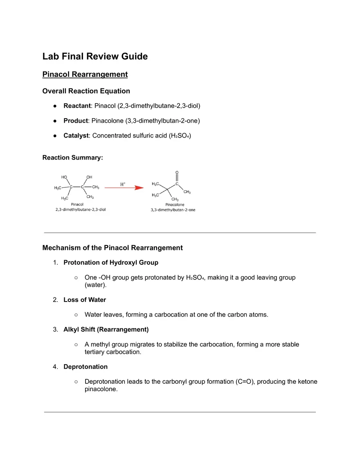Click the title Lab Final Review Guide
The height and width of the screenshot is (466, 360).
[x=95, y=56]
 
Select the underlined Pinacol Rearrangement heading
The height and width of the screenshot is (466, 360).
[x=85, y=74]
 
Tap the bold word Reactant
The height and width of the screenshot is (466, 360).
[x=76, y=106]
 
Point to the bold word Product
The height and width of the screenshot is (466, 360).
[x=75, y=120]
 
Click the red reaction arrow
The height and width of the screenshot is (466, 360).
[x=124, y=188]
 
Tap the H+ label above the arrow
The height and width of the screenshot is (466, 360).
[x=123, y=184]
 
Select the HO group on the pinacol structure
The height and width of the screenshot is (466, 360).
[x=64, y=177]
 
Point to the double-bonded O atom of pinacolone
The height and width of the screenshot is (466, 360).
[x=177, y=172]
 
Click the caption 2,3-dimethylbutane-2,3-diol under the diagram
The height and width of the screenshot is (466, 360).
[x=81, y=209]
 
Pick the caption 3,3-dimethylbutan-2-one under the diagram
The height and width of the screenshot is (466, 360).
[x=173, y=210]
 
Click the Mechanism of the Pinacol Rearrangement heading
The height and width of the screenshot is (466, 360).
[x=112, y=248]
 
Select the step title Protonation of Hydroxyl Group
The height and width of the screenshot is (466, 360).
[x=111, y=262]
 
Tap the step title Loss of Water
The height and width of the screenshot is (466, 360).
[x=85, y=300]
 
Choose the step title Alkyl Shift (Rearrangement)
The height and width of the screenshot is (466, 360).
[x=106, y=329]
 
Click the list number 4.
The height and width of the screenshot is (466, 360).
[x=55, y=367]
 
